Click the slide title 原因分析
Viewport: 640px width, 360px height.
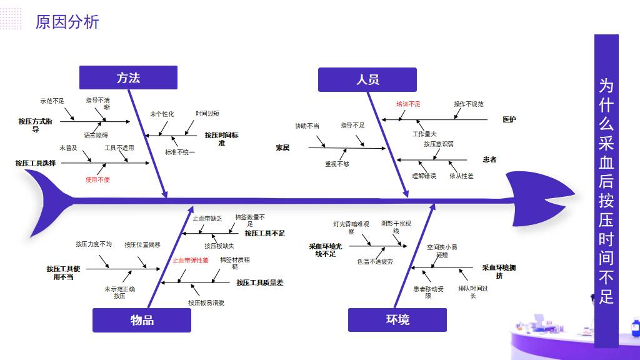[67, 22]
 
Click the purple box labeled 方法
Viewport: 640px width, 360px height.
[128, 77]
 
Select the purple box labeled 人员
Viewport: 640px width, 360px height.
[367, 79]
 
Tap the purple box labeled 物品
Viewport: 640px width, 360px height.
[142, 320]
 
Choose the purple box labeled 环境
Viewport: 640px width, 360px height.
[397, 320]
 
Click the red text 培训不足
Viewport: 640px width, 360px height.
[408, 104]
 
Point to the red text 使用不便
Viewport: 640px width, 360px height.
[97, 179]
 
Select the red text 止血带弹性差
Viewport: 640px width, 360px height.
[191, 260]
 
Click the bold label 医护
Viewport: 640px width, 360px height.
[509, 119]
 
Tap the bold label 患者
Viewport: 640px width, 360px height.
[489, 160]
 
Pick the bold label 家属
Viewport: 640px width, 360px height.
[282, 148]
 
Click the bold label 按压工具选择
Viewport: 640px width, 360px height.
[36, 163]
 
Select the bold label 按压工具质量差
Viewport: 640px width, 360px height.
[259, 282]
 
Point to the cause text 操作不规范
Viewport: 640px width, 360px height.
[468, 104]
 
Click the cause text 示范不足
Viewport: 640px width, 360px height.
[52, 101]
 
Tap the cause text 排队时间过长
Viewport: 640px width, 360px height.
[472, 292]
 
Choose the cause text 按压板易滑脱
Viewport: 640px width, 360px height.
[206, 302]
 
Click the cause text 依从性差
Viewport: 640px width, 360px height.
[461, 176]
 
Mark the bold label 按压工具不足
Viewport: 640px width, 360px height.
[264, 233]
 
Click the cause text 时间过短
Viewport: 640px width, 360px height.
[207, 114]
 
